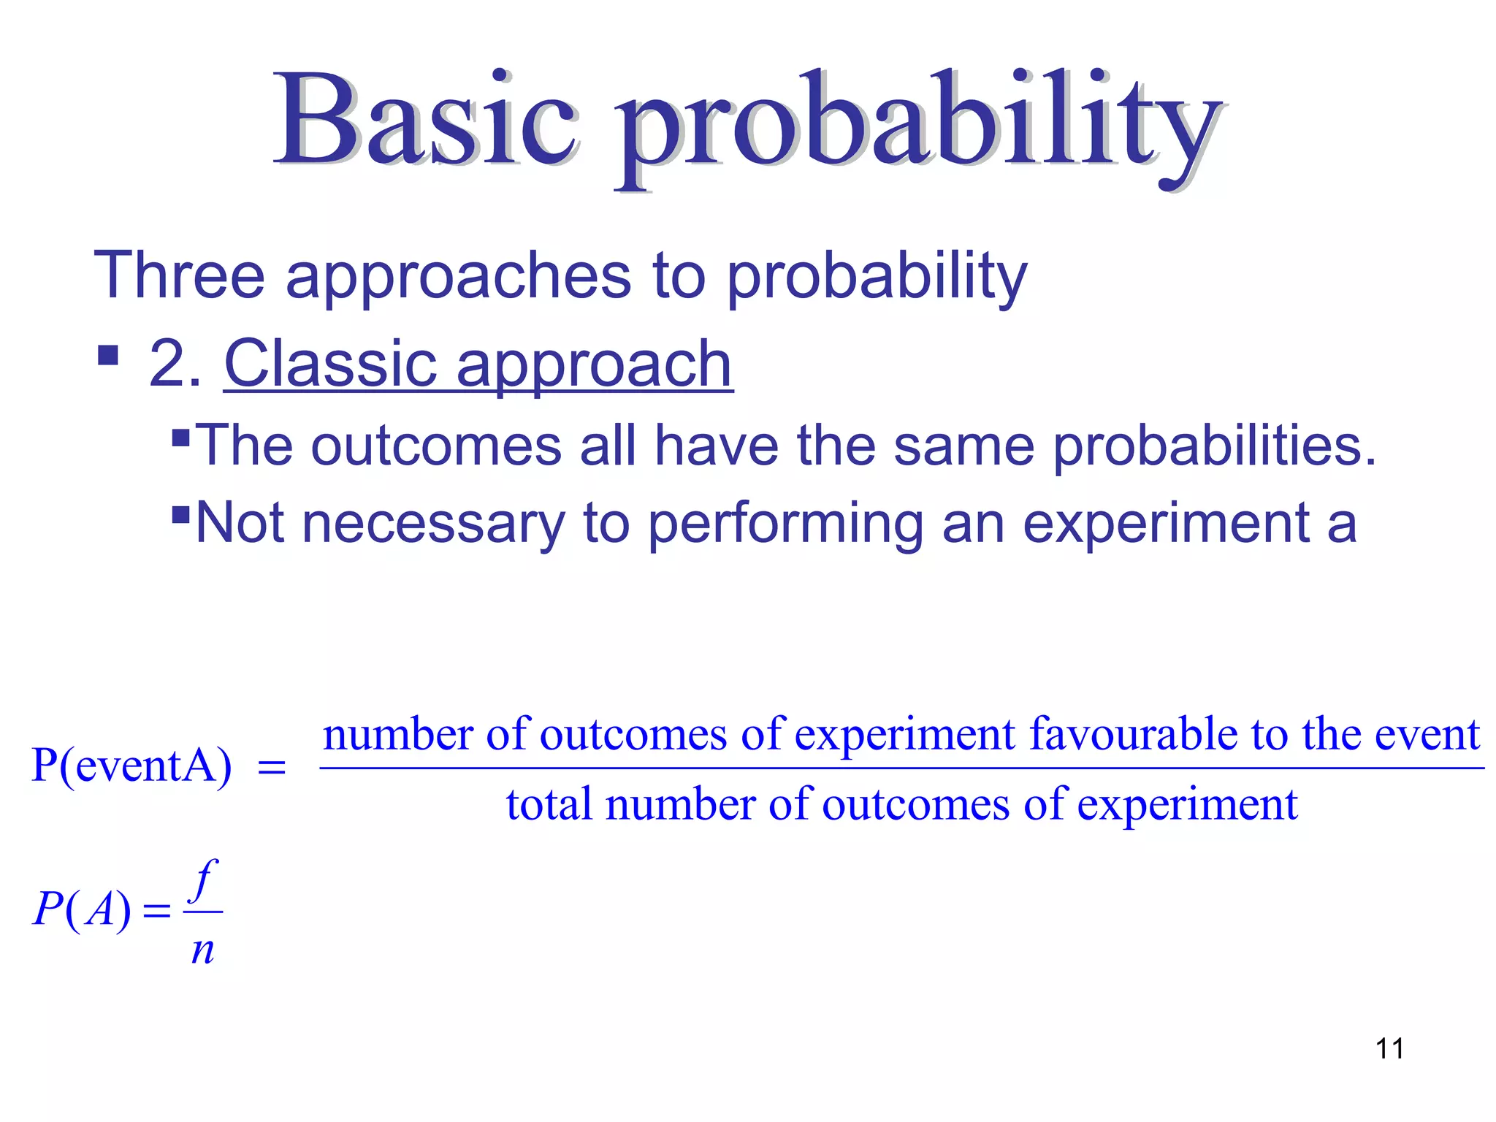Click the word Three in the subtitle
(179, 275)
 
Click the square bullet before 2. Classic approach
(108, 356)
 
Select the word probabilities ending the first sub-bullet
(1205, 447)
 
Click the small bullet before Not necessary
(180, 514)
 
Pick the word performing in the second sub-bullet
(785, 524)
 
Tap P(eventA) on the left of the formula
(131, 766)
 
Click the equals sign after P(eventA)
(272, 768)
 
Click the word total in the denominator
(549, 804)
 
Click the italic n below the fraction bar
(202, 950)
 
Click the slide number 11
(1389, 1049)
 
